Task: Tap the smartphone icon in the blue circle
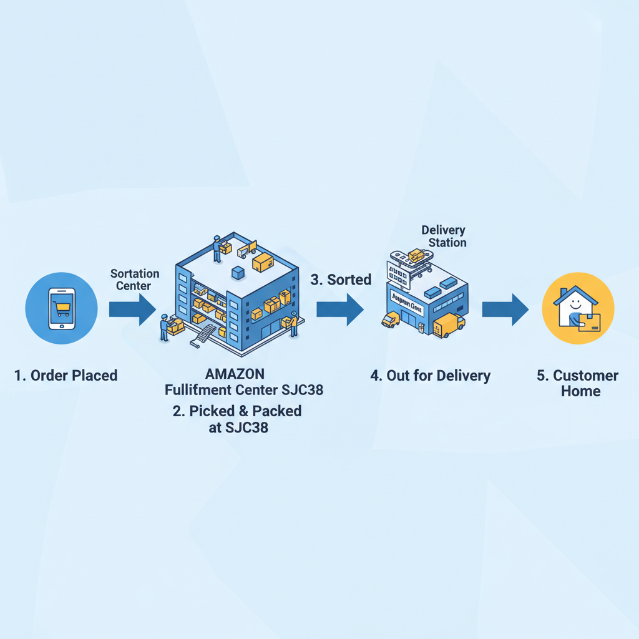click(61, 308)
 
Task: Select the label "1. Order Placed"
click(66, 376)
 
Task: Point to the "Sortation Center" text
click(135, 280)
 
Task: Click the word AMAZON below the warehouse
click(235, 374)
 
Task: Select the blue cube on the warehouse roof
click(238, 273)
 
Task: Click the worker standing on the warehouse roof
click(217, 248)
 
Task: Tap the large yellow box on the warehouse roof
click(263, 262)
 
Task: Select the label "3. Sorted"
click(341, 280)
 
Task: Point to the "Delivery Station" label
click(444, 237)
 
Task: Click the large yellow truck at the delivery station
click(449, 324)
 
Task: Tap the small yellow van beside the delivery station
click(390, 319)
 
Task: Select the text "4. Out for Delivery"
click(430, 376)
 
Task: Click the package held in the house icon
click(590, 321)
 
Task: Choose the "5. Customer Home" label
click(577, 383)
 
